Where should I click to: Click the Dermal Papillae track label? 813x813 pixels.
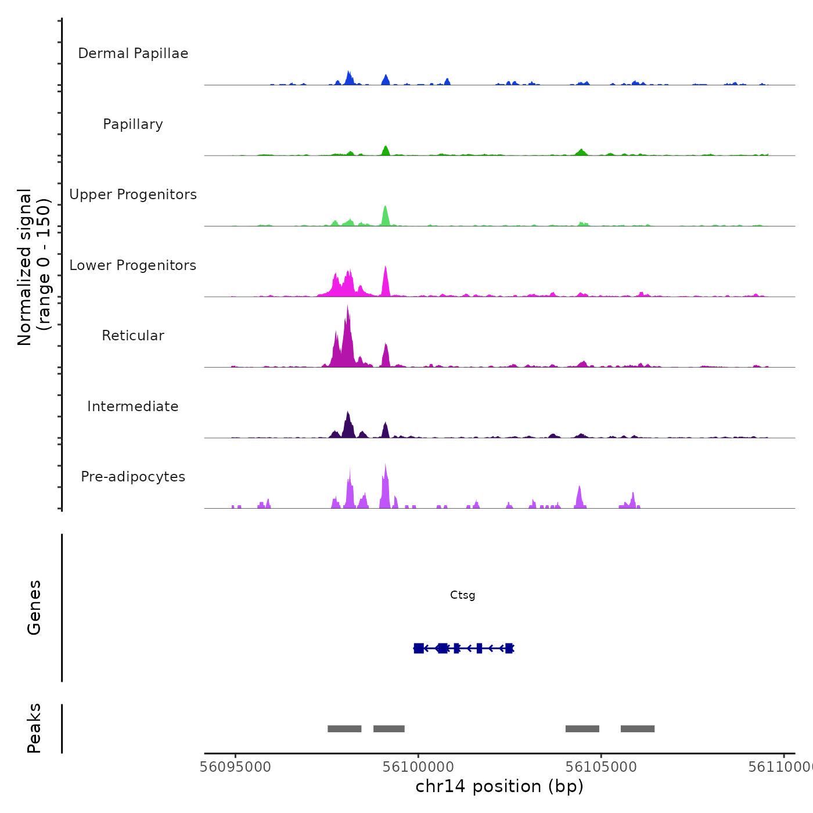(133, 53)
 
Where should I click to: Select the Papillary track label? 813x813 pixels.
(133, 124)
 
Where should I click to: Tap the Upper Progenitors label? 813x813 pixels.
(133, 195)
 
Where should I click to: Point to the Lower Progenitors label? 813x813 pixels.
(133, 265)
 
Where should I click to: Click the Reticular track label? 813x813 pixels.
(133, 336)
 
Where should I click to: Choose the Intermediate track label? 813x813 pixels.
(133, 406)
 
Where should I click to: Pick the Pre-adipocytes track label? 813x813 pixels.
(133, 477)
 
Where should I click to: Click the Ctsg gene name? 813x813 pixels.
(462, 595)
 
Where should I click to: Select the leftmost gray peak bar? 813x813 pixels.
(344, 729)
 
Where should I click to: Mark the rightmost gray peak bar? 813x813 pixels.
(638, 729)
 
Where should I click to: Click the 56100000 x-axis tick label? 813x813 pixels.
(418, 767)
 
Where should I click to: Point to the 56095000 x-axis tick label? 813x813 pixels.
(235, 767)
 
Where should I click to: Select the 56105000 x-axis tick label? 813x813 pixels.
(601, 767)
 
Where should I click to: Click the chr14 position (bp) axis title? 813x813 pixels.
(499, 786)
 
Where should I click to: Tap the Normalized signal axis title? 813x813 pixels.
(34, 267)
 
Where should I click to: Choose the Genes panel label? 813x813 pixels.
(34, 607)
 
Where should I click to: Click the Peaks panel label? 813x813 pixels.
(34, 728)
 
